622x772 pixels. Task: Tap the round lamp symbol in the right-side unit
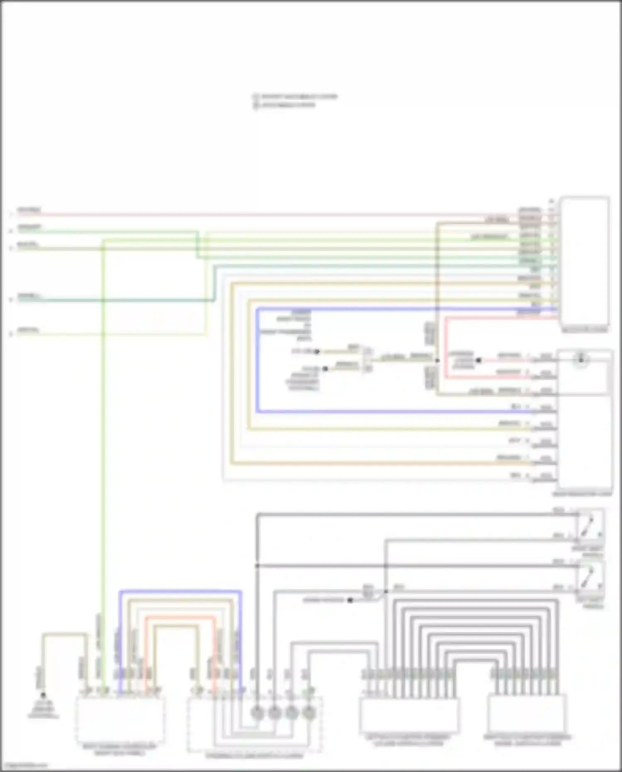[x=581, y=359]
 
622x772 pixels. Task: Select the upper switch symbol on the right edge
[x=590, y=525]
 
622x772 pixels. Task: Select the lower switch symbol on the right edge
[x=590, y=576]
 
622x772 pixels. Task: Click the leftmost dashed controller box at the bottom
[x=119, y=720]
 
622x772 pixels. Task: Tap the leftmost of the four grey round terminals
[x=257, y=713]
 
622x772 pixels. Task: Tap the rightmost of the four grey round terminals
[x=309, y=713]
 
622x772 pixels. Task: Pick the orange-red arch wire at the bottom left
[x=180, y=617]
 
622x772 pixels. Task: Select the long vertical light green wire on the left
[x=103, y=456]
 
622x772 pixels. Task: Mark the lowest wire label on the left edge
[x=28, y=331]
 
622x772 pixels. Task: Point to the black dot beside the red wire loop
[x=478, y=360]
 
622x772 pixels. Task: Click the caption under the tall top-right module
[x=584, y=330]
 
